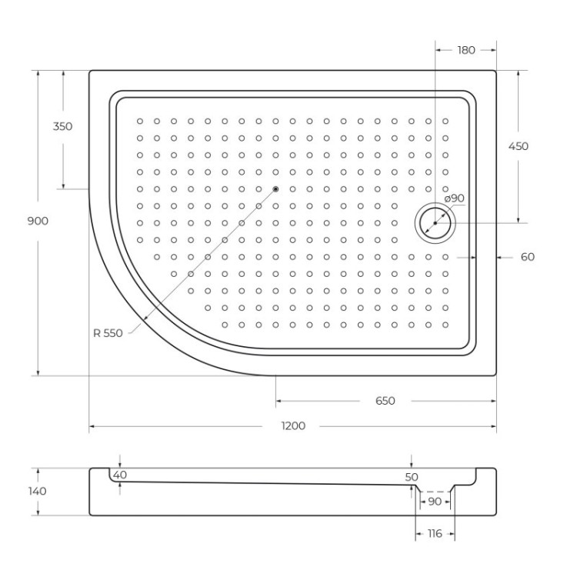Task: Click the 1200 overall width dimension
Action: (293, 425)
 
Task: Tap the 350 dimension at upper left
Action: (63, 126)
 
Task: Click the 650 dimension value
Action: (385, 401)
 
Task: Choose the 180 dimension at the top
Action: (466, 50)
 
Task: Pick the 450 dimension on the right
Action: (519, 146)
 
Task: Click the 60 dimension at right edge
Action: (527, 257)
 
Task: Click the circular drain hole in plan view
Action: (435, 223)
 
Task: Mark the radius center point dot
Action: (275, 188)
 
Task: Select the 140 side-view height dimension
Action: (37, 491)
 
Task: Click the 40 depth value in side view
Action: (119, 475)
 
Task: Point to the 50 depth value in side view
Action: (412, 477)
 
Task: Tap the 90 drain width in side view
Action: (435, 502)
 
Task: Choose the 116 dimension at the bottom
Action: (435, 533)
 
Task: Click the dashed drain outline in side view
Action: (435, 491)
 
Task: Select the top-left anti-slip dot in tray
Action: (140, 121)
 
